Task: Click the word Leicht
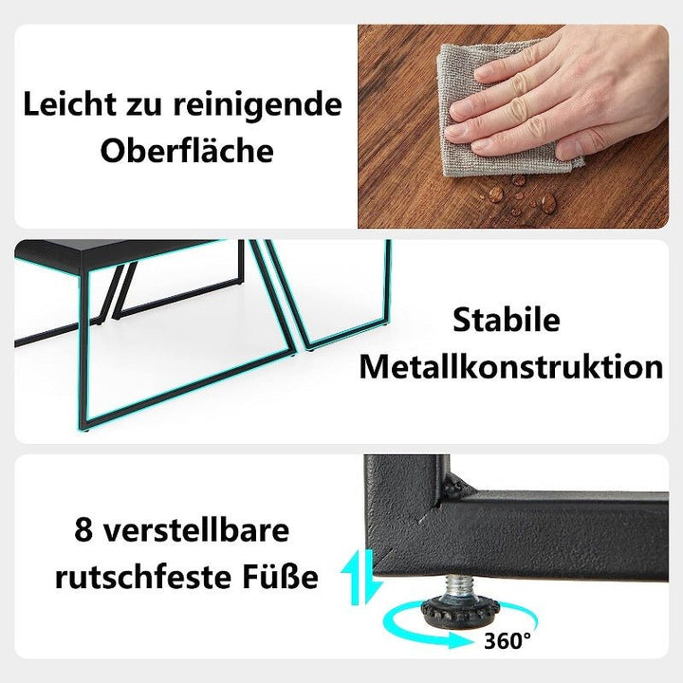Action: pos(69,105)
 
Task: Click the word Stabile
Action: pos(507,321)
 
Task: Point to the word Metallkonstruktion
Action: pos(511,367)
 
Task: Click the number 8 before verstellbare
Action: pos(83,529)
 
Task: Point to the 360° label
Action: pos(508,640)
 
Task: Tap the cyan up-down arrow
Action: pos(362,577)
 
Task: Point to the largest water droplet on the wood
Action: pos(548,202)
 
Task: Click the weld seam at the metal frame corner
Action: pos(456,484)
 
